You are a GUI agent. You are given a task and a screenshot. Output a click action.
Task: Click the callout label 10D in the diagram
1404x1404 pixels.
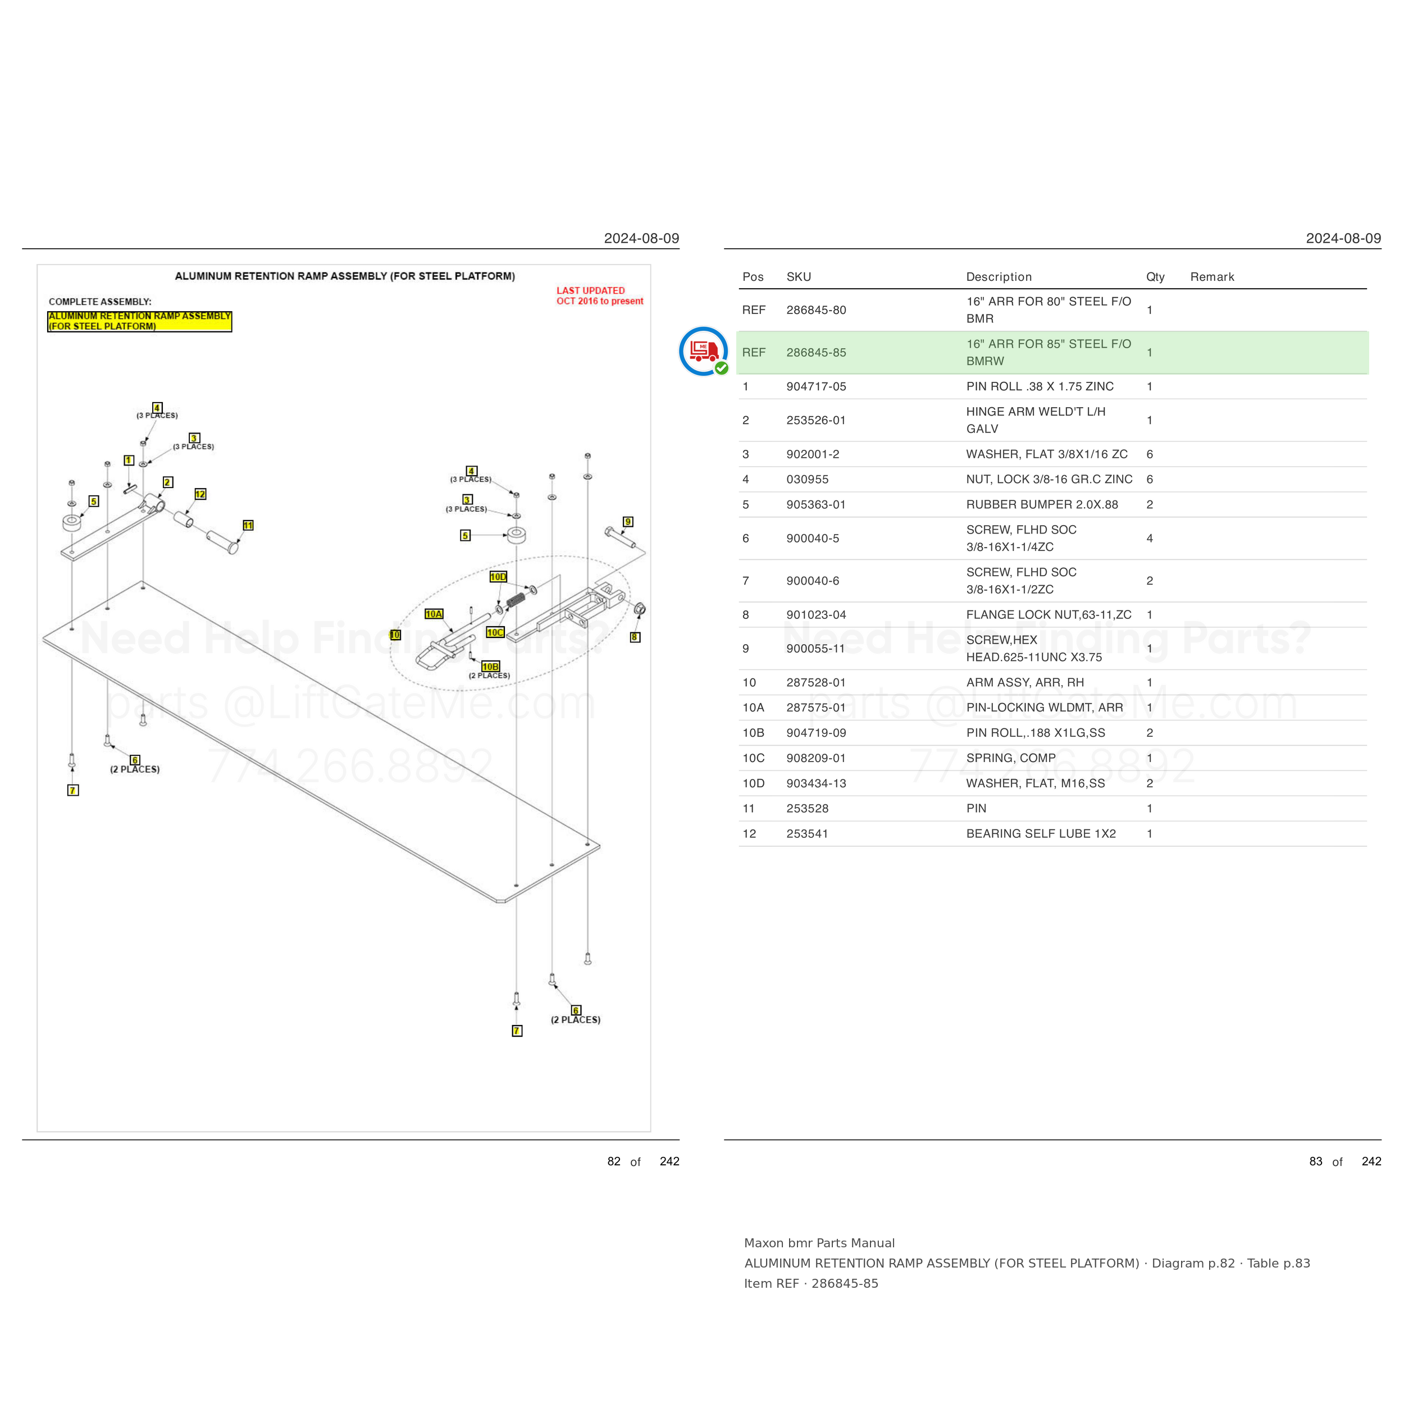click(498, 577)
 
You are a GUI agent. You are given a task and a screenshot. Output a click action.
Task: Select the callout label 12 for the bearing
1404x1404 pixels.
click(200, 494)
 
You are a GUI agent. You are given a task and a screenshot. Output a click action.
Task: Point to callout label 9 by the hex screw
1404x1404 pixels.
click(628, 522)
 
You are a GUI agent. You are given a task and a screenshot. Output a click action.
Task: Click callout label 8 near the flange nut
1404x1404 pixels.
click(635, 637)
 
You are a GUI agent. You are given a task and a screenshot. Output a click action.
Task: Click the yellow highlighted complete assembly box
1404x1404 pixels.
click(139, 321)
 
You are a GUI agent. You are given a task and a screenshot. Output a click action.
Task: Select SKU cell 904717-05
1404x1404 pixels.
click(816, 386)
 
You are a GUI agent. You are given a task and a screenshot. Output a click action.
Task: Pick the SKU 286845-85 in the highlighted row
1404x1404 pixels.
click(816, 353)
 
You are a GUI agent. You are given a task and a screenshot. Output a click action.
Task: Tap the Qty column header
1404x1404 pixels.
click(1155, 277)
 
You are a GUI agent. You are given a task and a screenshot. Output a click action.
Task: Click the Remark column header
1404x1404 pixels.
click(1212, 277)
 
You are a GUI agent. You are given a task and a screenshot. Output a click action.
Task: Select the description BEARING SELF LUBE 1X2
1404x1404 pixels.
click(1041, 833)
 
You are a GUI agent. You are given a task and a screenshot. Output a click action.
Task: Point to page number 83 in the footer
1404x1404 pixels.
click(1315, 1161)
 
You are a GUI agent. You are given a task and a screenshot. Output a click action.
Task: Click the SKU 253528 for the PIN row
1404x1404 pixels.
click(808, 808)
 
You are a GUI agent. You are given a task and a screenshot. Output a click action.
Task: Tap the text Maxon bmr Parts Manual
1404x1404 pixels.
click(819, 1243)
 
